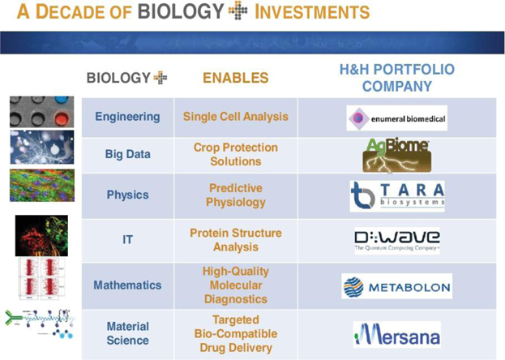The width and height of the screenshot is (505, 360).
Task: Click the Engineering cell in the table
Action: pyautogui.click(x=127, y=117)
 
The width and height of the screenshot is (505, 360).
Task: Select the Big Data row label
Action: pyautogui.click(x=127, y=154)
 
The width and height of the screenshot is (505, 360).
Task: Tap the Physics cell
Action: pyautogui.click(x=127, y=195)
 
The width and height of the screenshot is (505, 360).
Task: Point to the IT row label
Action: pyautogui.click(x=127, y=239)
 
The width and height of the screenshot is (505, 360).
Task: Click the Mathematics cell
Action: pyautogui.click(x=127, y=285)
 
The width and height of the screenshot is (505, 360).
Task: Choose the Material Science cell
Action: pyautogui.click(x=127, y=333)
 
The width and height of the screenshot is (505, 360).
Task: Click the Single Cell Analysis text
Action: pyautogui.click(x=236, y=117)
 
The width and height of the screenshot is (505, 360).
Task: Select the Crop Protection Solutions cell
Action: pyautogui.click(x=236, y=154)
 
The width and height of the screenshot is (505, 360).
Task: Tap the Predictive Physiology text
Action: pyautogui.click(x=236, y=195)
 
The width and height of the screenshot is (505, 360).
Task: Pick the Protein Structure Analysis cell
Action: pyautogui.click(x=236, y=240)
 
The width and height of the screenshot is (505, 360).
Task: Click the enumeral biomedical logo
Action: pyautogui.click(x=397, y=118)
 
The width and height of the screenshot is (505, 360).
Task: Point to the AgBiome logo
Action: pyautogui.click(x=397, y=156)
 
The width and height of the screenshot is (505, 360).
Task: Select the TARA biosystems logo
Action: pyautogui.click(x=397, y=196)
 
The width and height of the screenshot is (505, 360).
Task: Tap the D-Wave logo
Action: pyautogui.click(x=397, y=241)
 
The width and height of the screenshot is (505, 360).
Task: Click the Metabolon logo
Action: pyautogui.click(x=397, y=286)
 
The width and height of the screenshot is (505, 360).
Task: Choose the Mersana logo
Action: pyautogui.click(x=397, y=335)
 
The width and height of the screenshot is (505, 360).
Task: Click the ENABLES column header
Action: pyautogui.click(x=236, y=78)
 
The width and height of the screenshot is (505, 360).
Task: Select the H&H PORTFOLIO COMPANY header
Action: pyautogui.click(x=397, y=78)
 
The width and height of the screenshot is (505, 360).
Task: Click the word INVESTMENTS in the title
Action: pyautogui.click(x=312, y=12)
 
